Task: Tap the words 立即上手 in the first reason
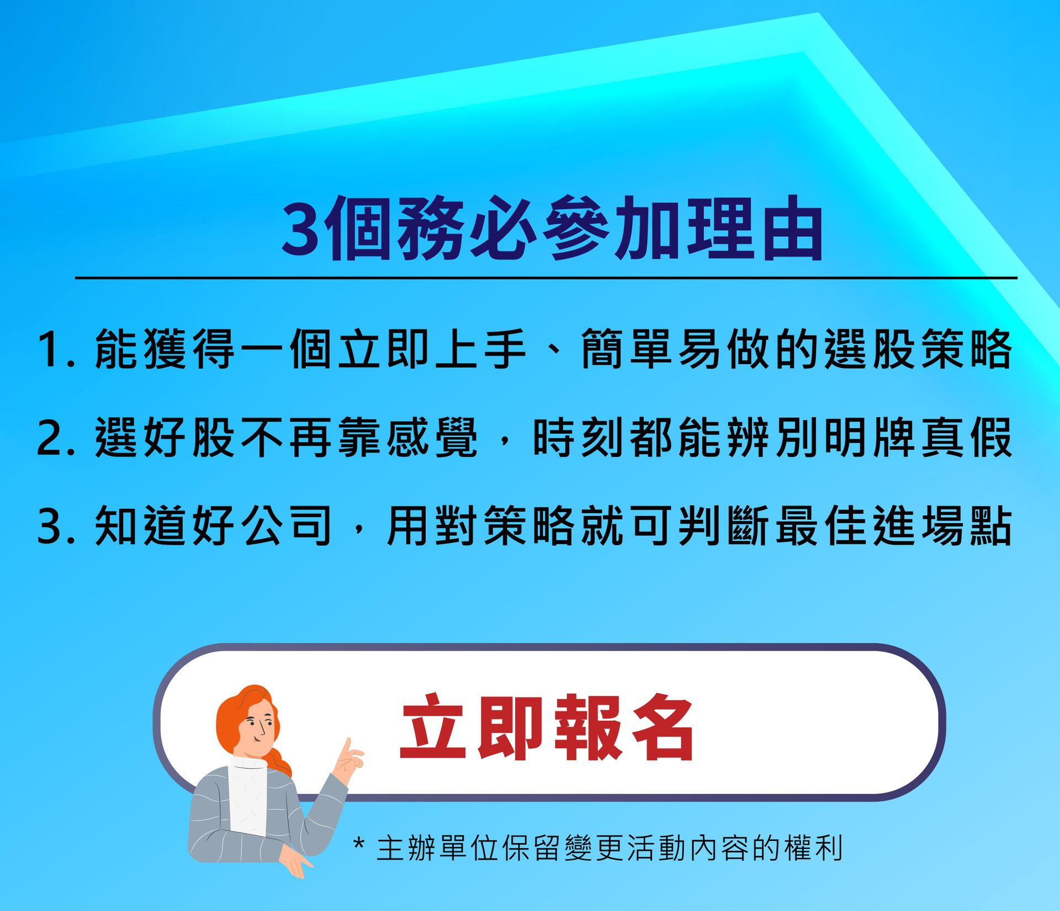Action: tap(432, 349)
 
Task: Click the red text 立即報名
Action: tap(547, 728)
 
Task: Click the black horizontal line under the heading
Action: tap(546, 278)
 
